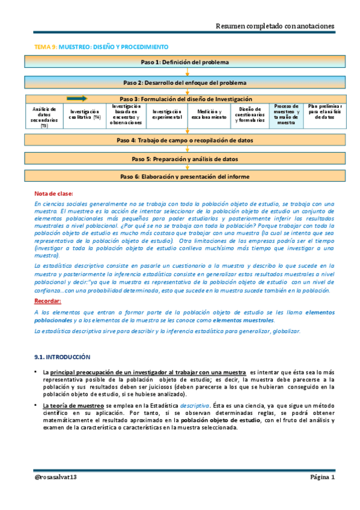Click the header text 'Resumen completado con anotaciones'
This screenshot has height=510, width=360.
tap(275, 25)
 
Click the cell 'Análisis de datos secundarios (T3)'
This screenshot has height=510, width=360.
tap(44, 117)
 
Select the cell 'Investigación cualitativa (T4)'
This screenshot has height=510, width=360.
tap(85, 115)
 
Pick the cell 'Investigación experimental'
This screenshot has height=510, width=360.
tap(166, 115)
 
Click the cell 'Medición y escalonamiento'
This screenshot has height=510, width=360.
tap(208, 115)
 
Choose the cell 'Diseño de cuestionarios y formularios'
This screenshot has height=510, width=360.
tap(249, 115)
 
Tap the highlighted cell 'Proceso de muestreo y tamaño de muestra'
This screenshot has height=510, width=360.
tap(286, 114)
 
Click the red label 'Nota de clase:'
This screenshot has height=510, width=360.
tap(54, 194)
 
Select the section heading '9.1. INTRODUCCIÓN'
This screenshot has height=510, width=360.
tap(62, 357)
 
